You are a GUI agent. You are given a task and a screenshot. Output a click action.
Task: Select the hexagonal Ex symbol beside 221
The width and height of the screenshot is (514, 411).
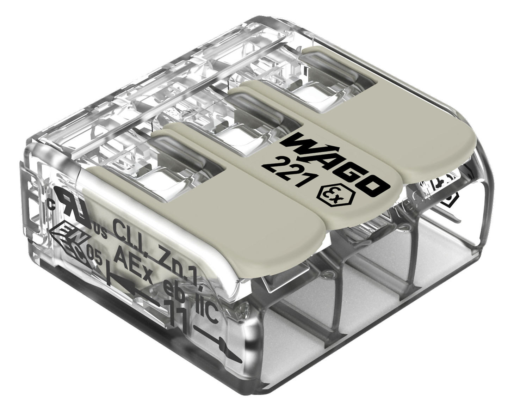(x=331, y=196)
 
